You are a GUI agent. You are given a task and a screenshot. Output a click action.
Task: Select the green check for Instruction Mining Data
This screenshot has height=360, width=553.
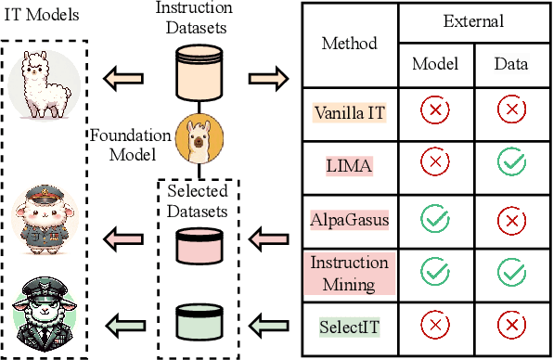(x=510, y=274)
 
